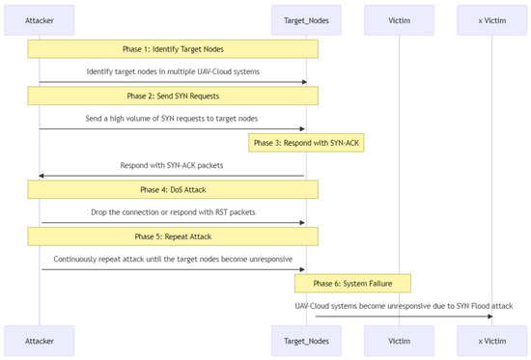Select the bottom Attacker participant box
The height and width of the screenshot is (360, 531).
pos(40,341)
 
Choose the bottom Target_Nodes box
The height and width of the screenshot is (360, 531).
pos(305,341)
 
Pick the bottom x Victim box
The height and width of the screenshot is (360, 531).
pos(492,341)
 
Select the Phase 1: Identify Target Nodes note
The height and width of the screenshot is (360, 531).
pos(172,48)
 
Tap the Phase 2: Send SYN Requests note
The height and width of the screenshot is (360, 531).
pos(172,96)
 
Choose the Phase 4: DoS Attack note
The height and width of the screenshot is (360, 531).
pos(172,189)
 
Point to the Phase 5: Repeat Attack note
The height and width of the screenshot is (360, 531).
pos(172,235)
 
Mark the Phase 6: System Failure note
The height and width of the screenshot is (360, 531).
pos(352,283)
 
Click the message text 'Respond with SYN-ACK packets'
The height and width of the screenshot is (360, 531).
pos(173,166)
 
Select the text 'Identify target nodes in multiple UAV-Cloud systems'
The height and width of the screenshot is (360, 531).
pos(173,72)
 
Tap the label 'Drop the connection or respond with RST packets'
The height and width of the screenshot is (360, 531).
pos(173,212)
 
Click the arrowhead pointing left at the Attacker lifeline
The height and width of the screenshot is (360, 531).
pos(43,177)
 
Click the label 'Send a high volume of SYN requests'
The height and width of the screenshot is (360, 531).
pos(173,119)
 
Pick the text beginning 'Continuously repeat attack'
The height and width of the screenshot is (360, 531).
pos(173,260)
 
